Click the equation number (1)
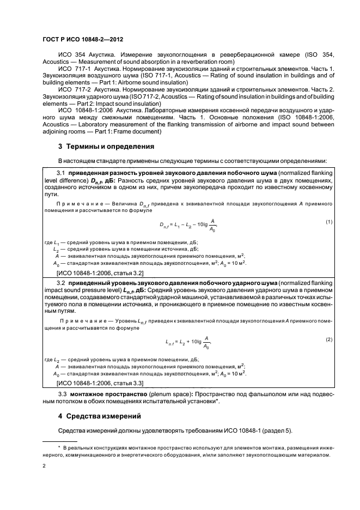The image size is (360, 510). pos(329,222)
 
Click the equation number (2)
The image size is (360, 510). pos(329,339)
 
